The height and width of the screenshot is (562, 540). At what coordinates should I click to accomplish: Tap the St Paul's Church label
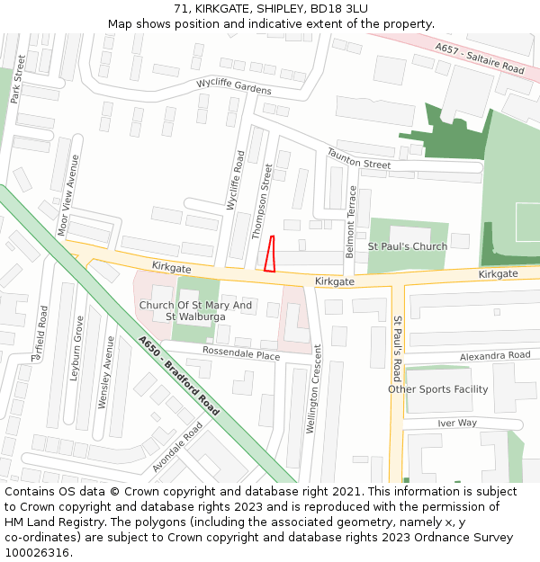pos(407,246)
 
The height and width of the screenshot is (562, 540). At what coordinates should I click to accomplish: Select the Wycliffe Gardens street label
pos(234,86)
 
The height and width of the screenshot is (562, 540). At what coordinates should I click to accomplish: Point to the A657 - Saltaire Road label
pos(479,58)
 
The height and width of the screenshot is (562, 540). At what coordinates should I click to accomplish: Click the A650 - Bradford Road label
pos(179,375)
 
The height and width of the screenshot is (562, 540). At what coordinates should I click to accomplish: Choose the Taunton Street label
pos(358,160)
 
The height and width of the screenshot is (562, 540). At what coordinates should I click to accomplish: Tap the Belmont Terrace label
pos(352,222)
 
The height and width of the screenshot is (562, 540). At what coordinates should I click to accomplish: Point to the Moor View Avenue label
pos(68,195)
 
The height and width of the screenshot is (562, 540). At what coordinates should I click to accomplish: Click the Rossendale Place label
pos(241,352)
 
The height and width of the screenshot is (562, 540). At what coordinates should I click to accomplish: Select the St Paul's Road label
pos(397,348)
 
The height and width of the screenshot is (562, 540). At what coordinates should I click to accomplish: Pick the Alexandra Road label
pos(495,356)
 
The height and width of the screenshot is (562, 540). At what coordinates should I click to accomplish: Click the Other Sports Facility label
pos(438,389)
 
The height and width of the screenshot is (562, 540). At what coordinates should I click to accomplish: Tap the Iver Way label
pos(457,423)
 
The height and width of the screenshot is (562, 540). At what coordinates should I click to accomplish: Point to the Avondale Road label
pos(177,448)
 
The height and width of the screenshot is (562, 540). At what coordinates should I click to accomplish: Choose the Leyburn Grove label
pos(78,350)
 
